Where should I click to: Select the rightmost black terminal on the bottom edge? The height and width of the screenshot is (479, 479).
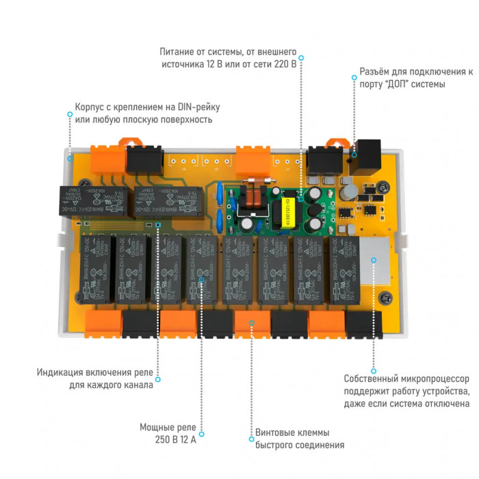[x=364, y=324]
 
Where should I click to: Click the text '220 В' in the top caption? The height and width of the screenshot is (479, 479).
[x=284, y=64]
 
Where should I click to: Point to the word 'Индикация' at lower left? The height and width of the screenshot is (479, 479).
[x=60, y=372]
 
